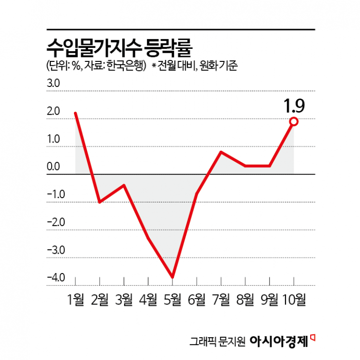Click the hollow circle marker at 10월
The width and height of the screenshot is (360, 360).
pyautogui.click(x=293, y=122)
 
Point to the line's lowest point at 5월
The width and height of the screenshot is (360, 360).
pyautogui.click(x=173, y=277)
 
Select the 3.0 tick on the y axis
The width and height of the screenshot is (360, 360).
pyautogui.click(x=53, y=84)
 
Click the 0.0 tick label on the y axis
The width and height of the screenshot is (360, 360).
pyautogui.click(x=53, y=167)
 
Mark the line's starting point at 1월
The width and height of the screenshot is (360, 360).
pyautogui.click(x=76, y=113)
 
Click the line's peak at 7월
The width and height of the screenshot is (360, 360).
pyautogui.click(x=221, y=152)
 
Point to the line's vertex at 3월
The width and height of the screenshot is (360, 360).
pyautogui.click(x=124, y=185)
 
